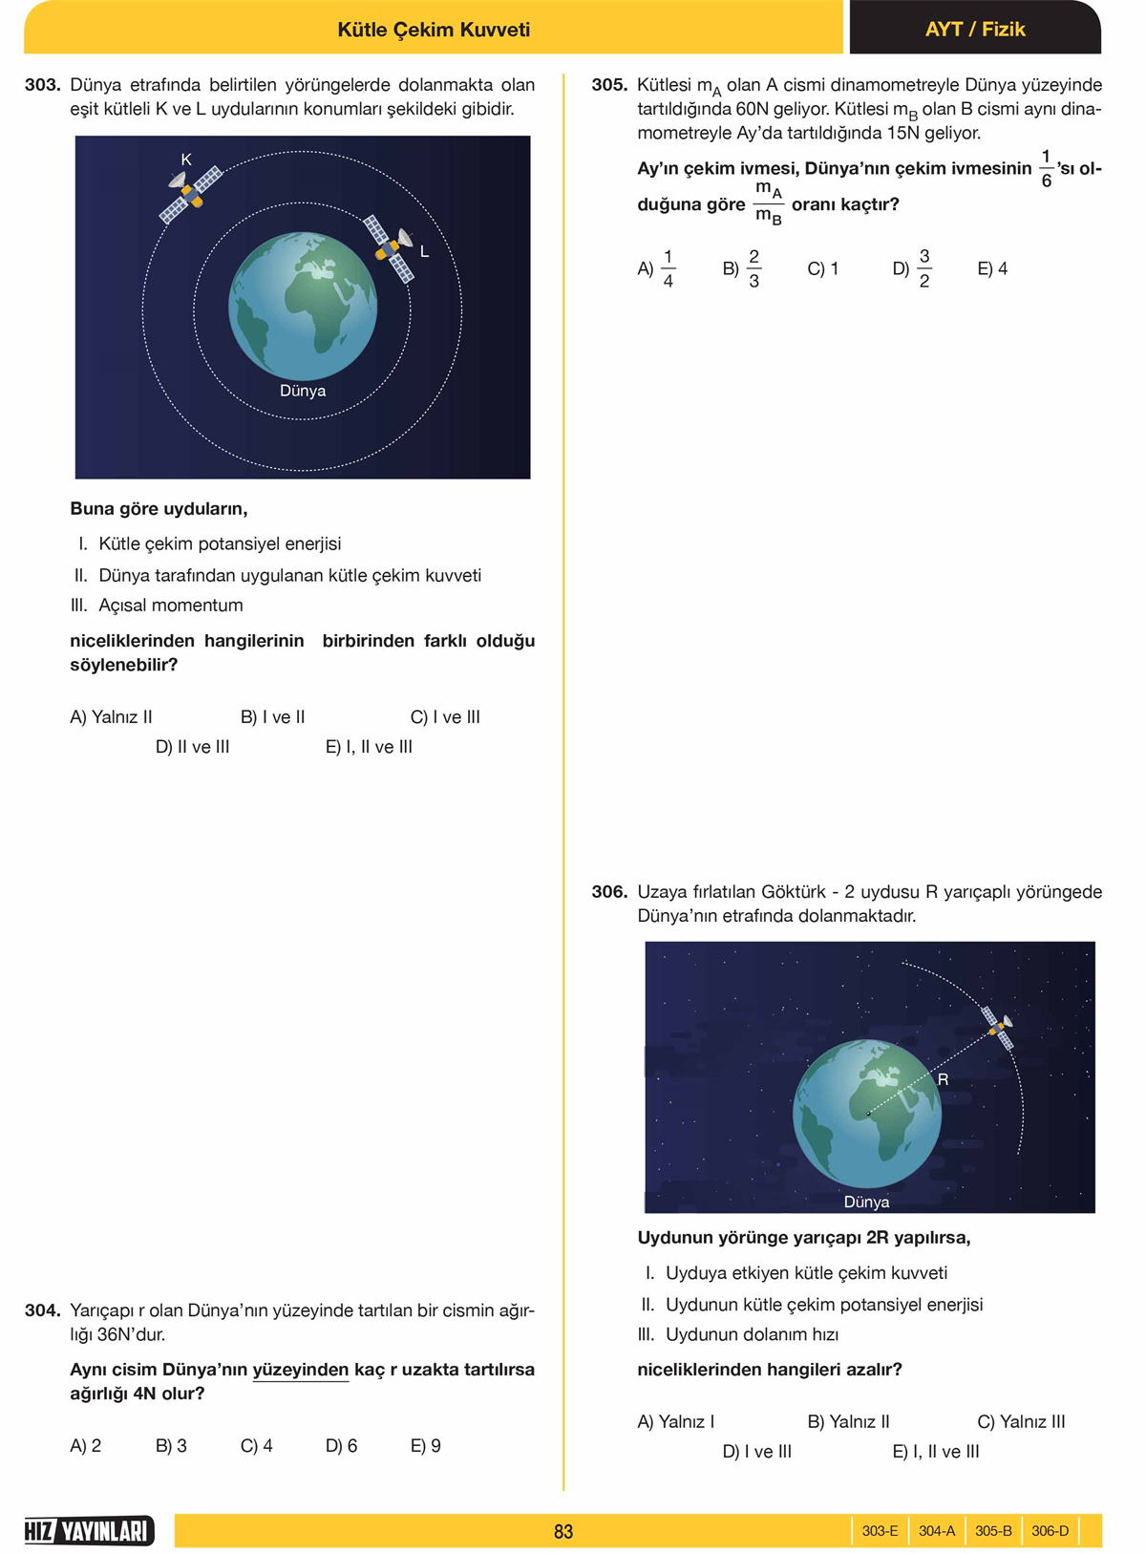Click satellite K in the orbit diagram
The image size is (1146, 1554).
(x=190, y=194)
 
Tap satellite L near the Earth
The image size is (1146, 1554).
(x=391, y=248)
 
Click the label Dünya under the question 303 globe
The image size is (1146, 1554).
(x=303, y=391)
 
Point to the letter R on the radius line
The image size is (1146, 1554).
(x=943, y=1079)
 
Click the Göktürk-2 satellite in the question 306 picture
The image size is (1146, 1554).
(x=999, y=1028)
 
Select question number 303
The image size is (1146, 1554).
(x=43, y=85)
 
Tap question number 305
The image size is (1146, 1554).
(x=609, y=85)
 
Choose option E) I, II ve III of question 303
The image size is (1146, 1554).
(x=369, y=747)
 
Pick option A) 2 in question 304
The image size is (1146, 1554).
(x=85, y=1445)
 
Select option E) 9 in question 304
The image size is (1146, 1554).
(x=425, y=1445)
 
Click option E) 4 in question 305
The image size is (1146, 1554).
(x=992, y=269)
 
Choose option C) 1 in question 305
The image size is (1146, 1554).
(x=822, y=269)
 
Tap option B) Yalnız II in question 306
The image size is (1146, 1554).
(x=848, y=1421)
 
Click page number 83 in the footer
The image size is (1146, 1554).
(x=563, y=1531)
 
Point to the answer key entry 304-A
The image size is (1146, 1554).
(x=936, y=1531)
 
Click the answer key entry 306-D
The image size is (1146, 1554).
(x=1050, y=1531)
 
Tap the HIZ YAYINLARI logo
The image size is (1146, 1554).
(x=89, y=1531)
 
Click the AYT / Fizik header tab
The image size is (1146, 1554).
(x=974, y=30)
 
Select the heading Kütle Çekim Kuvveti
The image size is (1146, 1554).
(x=434, y=30)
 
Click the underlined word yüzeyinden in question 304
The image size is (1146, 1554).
(x=300, y=1370)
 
